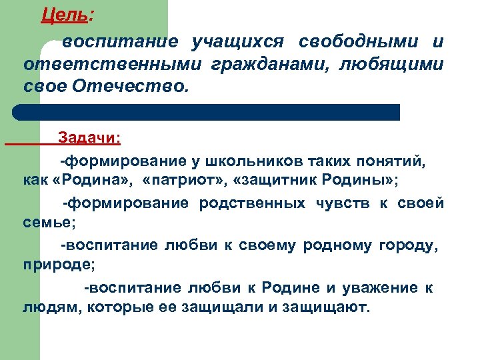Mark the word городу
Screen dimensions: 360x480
[x=408, y=245]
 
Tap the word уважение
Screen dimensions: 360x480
[x=377, y=288]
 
